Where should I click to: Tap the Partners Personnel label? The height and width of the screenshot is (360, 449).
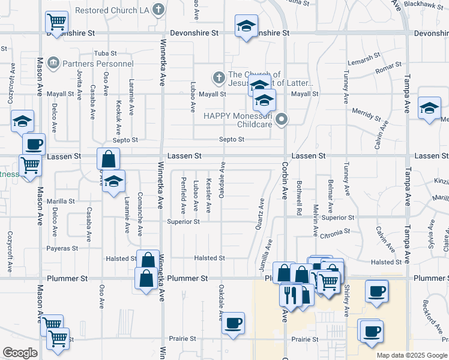tap(97, 64)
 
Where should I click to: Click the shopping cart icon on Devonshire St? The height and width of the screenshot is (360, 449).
tap(56, 23)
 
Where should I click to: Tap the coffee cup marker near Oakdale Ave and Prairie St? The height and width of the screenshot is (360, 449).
tap(233, 323)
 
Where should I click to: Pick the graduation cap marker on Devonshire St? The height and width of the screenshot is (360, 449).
tap(245, 26)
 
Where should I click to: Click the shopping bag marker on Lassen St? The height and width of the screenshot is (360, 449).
tap(108, 160)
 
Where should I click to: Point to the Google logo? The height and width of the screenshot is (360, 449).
tap(20, 353)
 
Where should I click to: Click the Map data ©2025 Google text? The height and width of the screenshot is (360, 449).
tap(411, 355)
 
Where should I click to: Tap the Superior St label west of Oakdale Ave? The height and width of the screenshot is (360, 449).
tap(184, 222)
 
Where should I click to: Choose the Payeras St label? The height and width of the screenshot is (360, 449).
tap(62, 248)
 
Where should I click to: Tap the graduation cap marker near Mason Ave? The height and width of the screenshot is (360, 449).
tap(22, 122)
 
